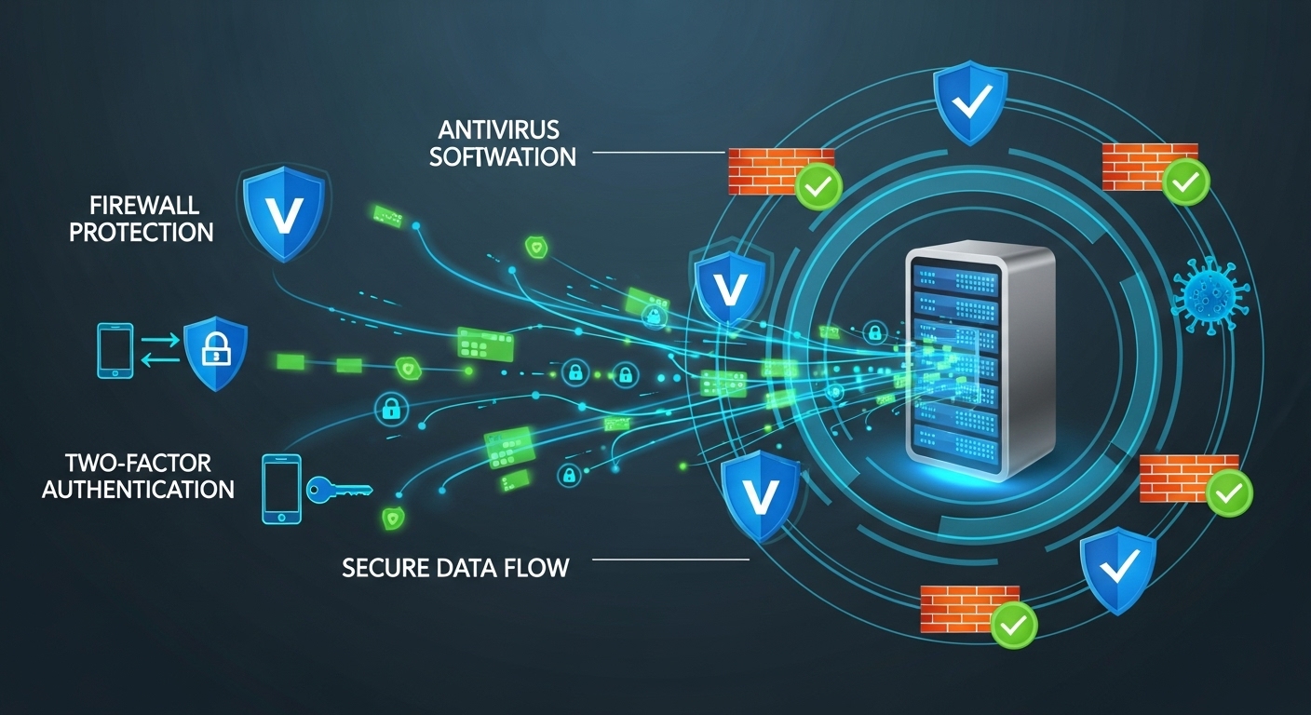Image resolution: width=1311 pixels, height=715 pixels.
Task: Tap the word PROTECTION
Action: click(141, 231)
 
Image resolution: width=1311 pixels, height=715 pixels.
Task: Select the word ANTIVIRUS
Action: click(493, 128)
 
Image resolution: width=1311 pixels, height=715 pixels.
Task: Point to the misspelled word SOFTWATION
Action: click(503, 155)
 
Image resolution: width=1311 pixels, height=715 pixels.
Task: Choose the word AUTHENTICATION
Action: click(138, 488)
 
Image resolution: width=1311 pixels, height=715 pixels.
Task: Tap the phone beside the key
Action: click(281, 489)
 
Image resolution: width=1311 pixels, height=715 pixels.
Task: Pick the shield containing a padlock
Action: click(216, 354)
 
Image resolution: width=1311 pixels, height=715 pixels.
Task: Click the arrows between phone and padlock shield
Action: click(157, 353)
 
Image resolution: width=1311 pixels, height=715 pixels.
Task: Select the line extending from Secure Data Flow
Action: click(670, 560)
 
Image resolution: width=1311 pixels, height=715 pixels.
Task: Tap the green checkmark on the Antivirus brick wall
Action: click(818, 187)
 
